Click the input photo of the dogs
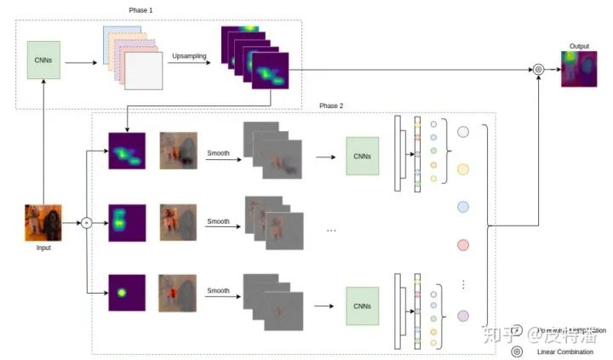[x=43, y=222]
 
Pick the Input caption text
[x=43, y=249]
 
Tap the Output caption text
[x=578, y=45]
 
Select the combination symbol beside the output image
[x=538, y=70]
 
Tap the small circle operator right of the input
[x=86, y=223]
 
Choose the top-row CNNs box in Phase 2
[x=363, y=156]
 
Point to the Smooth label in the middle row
[x=218, y=221]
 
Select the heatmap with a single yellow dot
[x=127, y=293]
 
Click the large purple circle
[x=463, y=316]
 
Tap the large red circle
[x=463, y=245]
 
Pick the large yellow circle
[x=463, y=169]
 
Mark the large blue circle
[x=463, y=207]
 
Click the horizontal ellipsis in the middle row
[x=331, y=230]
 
